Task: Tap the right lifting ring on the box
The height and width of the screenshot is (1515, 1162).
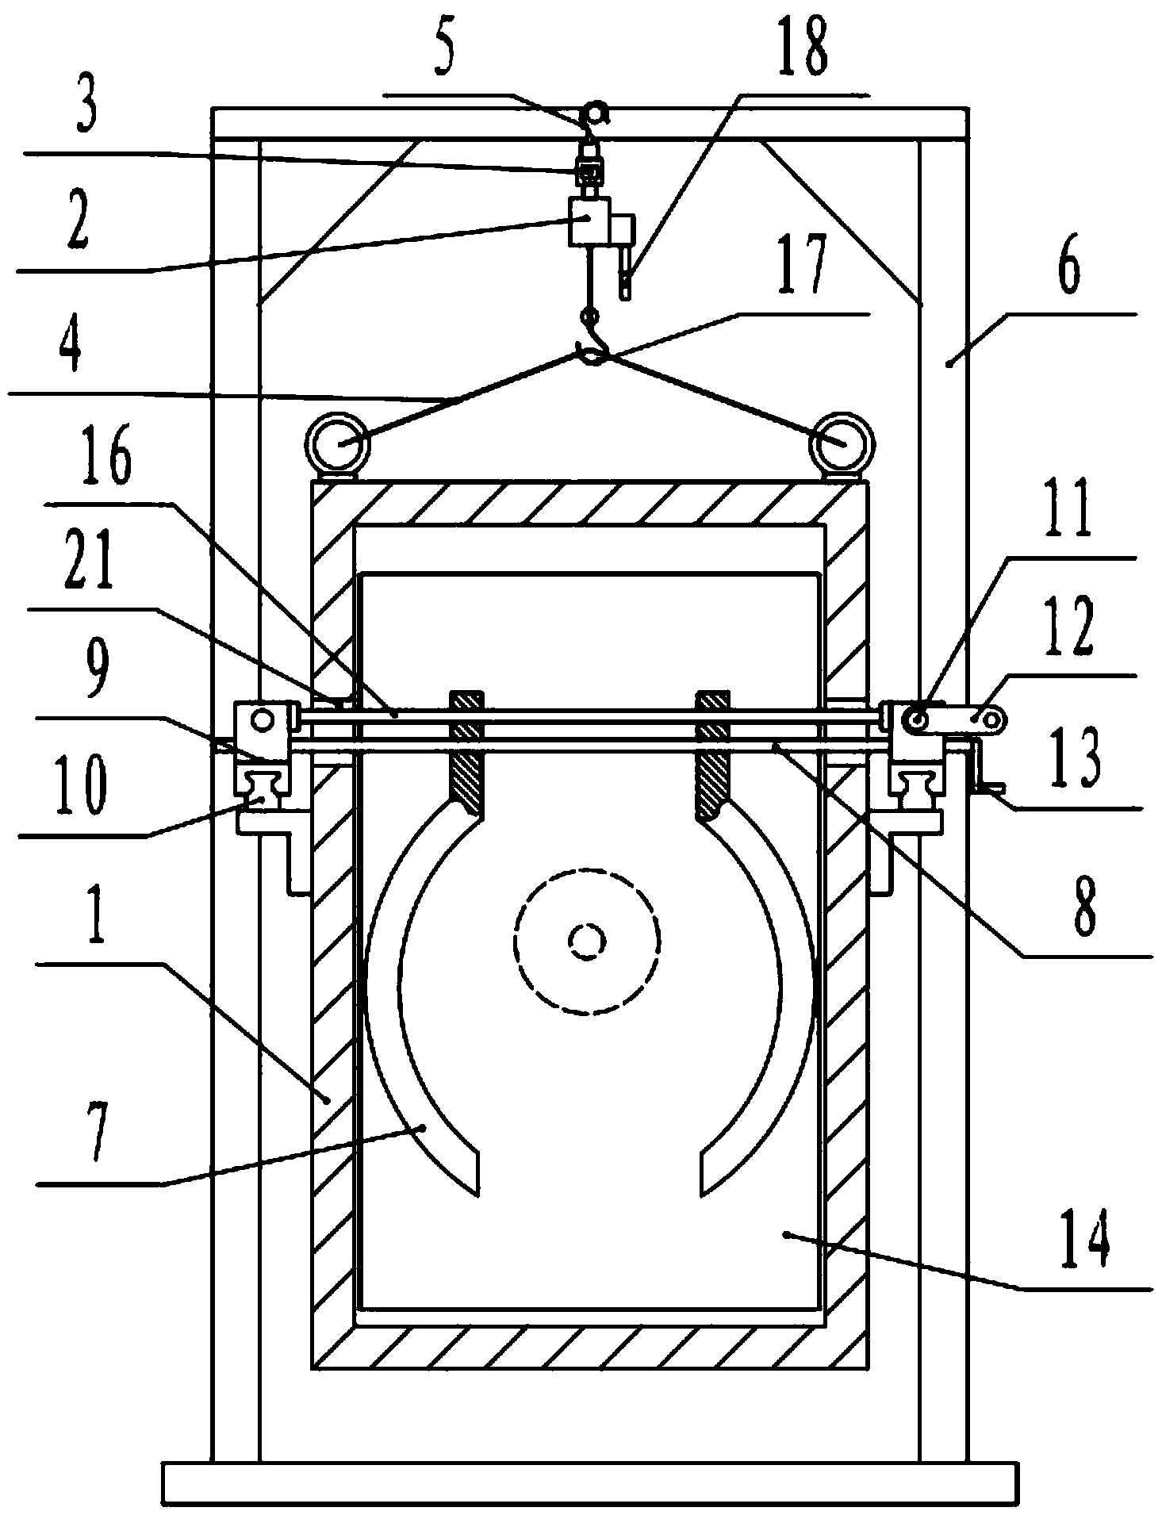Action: [x=841, y=443]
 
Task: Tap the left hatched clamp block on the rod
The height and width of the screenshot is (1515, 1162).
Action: [x=466, y=753]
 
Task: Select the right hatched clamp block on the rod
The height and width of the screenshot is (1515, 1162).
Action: [x=711, y=754]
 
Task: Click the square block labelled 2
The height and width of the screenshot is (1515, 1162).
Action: [x=587, y=220]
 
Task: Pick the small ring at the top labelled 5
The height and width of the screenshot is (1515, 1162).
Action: [x=594, y=113]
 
